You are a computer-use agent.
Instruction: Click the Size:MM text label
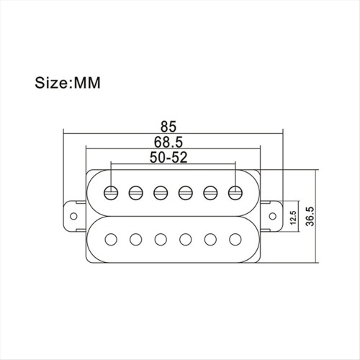tap(68, 83)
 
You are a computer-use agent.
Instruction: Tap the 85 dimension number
tap(168, 127)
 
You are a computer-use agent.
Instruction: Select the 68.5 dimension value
tap(168, 142)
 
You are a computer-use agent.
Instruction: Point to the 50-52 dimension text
tap(168, 158)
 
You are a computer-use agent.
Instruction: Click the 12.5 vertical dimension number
tap(294, 217)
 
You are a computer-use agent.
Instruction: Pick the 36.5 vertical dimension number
tap(310, 217)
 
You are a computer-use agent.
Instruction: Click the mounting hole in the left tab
tap(73, 216)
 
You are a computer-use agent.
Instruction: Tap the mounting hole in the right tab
tap(273, 216)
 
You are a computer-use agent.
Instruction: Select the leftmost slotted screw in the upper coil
tap(111, 193)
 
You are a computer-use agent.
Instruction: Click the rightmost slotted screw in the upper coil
tap(235, 193)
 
